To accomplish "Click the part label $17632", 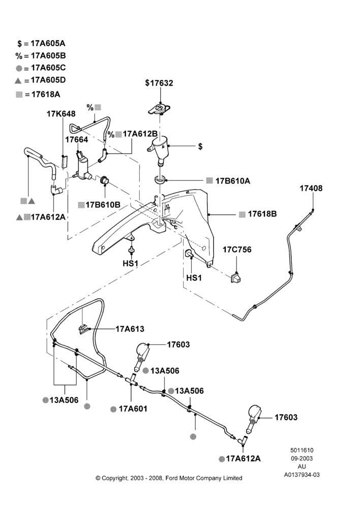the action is pos(159,83).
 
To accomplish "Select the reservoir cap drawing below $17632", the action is pos(159,109).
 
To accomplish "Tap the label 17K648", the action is pos(61,114).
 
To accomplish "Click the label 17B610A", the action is pos(232,181).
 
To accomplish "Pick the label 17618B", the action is pos(262,214).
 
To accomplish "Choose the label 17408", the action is pos(311,188).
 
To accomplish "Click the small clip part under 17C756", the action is pos(236,277).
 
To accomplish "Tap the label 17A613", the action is pos(130,329).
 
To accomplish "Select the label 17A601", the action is pos(133,409).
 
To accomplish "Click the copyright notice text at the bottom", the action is pos(169,478).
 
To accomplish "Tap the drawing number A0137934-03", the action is pos(302,474).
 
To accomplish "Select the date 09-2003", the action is pos(302,458).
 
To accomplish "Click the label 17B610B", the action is pos(103,205).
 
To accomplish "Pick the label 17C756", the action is pos(237,250).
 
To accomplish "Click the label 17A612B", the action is pos(140,134).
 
